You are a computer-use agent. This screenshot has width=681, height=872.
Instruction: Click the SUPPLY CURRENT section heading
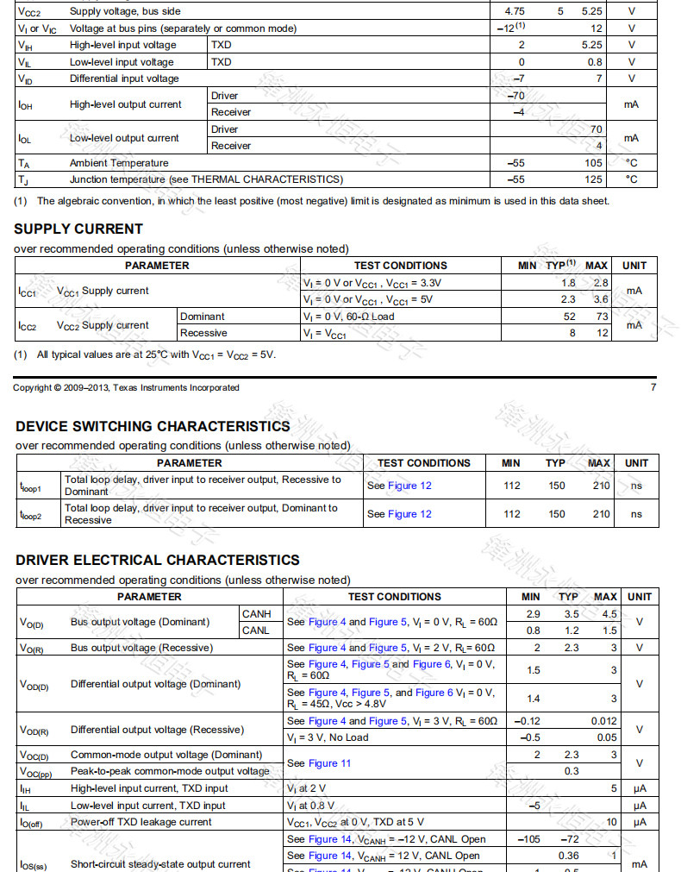coord(78,229)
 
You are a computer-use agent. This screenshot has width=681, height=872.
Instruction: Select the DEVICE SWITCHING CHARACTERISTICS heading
coord(153,426)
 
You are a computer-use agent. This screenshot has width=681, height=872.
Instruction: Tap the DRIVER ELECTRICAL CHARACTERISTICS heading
coord(158,560)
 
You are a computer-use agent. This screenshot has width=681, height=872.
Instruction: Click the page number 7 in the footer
coord(653,387)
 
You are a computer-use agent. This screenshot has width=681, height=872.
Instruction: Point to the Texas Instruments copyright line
coord(126,387)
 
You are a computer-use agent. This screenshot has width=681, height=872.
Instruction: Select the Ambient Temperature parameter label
coord(119,163)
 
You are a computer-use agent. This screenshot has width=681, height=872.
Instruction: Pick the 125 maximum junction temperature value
coord(593,179)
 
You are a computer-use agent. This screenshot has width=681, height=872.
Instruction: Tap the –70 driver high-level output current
coord(516,96)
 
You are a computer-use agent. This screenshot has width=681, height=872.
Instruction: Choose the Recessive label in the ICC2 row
coord(203,333)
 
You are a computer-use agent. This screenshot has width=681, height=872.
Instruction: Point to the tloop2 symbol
coord(30,515)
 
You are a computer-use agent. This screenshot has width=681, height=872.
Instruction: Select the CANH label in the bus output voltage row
coord(256,614)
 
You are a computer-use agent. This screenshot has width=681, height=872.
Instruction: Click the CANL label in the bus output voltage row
coord(256,630)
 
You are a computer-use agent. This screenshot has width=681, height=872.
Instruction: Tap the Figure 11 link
coord(329,763)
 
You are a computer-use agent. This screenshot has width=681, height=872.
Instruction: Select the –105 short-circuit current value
coord(528,839)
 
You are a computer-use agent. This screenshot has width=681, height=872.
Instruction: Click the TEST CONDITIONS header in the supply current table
coord(400,266)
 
